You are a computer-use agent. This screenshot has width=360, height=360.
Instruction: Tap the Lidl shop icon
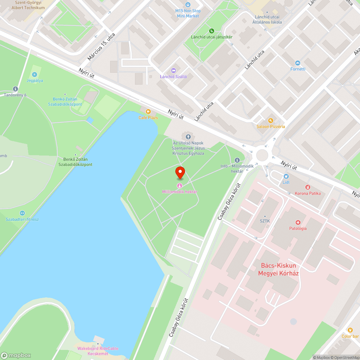pyautogui.click(x=286, y=176)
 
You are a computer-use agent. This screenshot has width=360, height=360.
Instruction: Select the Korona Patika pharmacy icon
pyautogui.click(x=308, y=187)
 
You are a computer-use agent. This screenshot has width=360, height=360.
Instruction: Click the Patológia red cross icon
pyautogui.click(x=298, y=222)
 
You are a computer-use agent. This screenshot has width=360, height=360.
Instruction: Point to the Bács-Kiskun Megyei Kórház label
pyautogui.click(x=278, y=269)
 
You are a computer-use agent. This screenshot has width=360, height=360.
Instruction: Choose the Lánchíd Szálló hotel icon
pyautogui.click(x=173, y=71)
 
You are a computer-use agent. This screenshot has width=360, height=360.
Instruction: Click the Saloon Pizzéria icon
pyautogui.click(x=271, y=121)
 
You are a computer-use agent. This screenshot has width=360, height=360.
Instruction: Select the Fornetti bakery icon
pyautogui.click(x=297, y=63)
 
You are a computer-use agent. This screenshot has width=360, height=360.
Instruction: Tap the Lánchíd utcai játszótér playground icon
pyautogui.click(x=212, y=31)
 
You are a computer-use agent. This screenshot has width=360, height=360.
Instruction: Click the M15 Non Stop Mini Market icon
pyautogui.click(x=188, y=5)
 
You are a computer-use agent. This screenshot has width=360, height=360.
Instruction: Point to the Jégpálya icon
pyautogui.click(x=35, y=75)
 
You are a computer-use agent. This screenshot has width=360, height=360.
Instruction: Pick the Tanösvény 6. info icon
pyautogui.click(x=15, y=89)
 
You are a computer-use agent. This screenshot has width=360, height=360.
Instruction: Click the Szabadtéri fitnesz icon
pyautogui.click(x=22, y=213)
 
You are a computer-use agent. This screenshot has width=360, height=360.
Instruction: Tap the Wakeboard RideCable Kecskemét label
pyautogui.click(x=98, y=351)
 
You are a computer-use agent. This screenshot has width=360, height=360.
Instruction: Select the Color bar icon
pyautogui.click(x=350, y=330)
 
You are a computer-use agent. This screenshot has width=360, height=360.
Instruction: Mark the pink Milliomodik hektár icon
pyautogui.click(x=179, y=185)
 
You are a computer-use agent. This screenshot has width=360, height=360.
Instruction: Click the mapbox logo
pyautogui.click(x=16, y=355)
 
